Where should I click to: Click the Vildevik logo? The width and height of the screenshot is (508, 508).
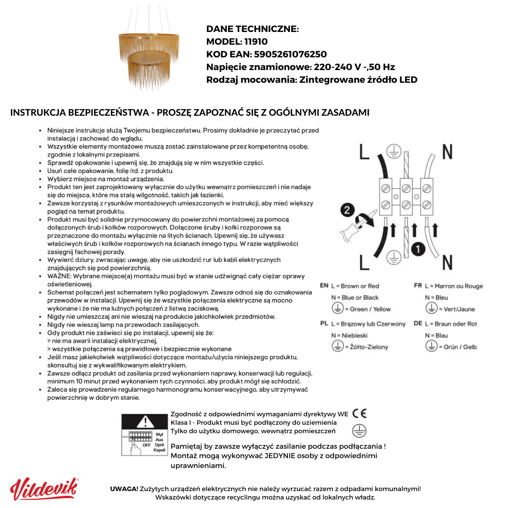click(x=44, y=489)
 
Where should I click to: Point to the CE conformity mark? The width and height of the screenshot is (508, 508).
click(x=359, y=413)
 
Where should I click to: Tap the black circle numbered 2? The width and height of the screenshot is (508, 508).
click(x=348, y=210)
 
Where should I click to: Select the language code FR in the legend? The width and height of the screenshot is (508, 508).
click(x=418, y=286)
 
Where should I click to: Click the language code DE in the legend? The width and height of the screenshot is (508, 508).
click(x=418, y=324)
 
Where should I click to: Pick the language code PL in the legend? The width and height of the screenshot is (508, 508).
click(x=324, y=324)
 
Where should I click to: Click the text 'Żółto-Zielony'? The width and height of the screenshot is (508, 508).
click(x=369, y=347)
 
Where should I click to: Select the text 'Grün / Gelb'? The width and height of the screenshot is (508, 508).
click(x=460, y=347)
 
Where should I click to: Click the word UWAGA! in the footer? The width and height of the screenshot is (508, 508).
click(x=124, y=489)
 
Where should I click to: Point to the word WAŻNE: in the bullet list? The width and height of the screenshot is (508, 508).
click(x=59, y=276)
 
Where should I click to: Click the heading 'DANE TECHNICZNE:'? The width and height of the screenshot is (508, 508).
click(x=253, y=29)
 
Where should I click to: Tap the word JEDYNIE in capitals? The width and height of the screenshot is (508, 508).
click(x=281, y=456)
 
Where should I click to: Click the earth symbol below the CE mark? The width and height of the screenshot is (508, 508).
click(x=359, y=430)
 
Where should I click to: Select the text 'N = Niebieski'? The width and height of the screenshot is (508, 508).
click(x=349, y=335)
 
